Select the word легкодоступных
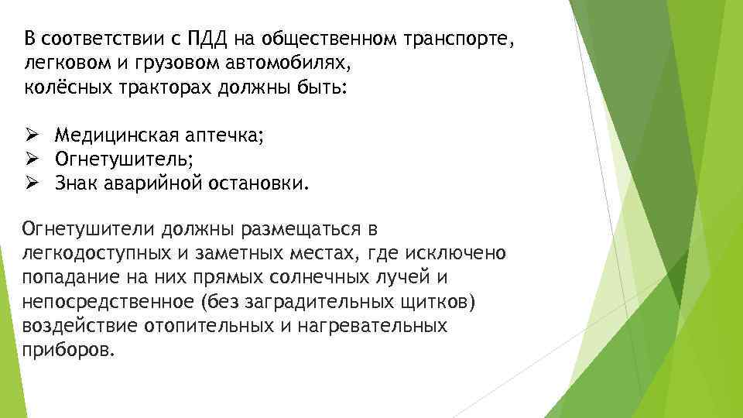coord(97,253)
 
